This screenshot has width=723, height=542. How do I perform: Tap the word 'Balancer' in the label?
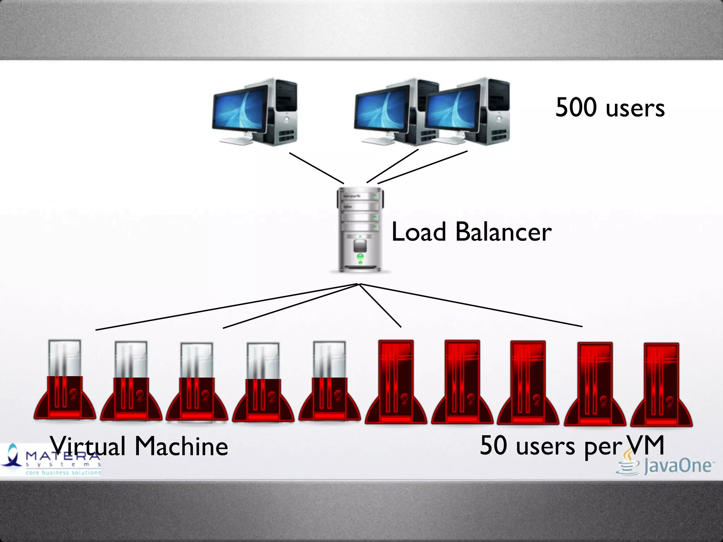(503, 232)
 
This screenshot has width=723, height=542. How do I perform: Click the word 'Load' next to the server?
(419, 232)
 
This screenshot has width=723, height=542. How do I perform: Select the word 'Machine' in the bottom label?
(181, 446)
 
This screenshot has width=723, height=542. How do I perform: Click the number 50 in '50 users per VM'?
(494, 445)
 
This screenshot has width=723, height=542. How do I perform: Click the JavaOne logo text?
(677, 466)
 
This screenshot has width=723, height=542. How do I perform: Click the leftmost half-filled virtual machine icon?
(65, 381)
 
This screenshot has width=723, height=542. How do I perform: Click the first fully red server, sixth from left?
(396, 383)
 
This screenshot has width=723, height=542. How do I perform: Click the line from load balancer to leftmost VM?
(226, 307)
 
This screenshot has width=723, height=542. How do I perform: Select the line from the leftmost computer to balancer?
(316, 168)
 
